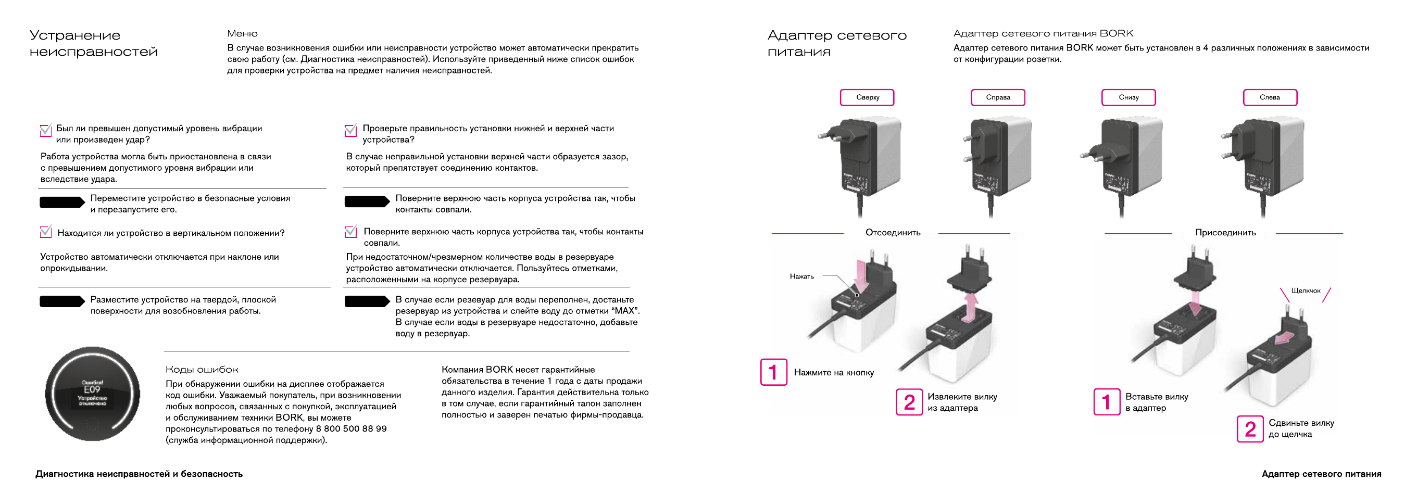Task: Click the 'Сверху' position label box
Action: (867, 97)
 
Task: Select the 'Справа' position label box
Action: (997, 97)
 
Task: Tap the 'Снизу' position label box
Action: (1127, 97)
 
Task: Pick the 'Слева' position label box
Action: (1270, 97)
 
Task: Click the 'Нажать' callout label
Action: (801, 276)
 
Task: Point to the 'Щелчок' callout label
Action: (1306, 290)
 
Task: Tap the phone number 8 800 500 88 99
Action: (351, 428)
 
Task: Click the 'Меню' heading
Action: (242, 33)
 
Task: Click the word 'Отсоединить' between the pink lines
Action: (892, 233)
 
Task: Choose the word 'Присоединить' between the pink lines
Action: (1225, 233)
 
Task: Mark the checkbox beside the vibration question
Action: (46, 130)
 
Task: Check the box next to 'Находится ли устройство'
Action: (46, 232)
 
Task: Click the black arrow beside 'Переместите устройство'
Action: (61, 203)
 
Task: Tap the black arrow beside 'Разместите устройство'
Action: (61, 301)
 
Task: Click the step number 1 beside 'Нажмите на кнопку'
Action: (773, 372)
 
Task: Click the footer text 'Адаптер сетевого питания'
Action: (1321, 474)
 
